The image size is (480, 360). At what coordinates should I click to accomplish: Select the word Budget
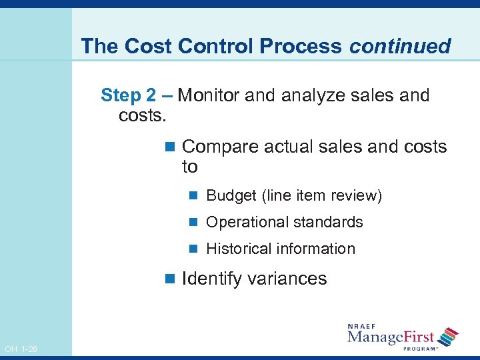[x=231, y=196]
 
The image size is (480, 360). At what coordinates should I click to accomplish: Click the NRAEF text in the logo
[x=363, y=327]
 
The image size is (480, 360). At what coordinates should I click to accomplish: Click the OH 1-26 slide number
[x=20, y=349]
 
